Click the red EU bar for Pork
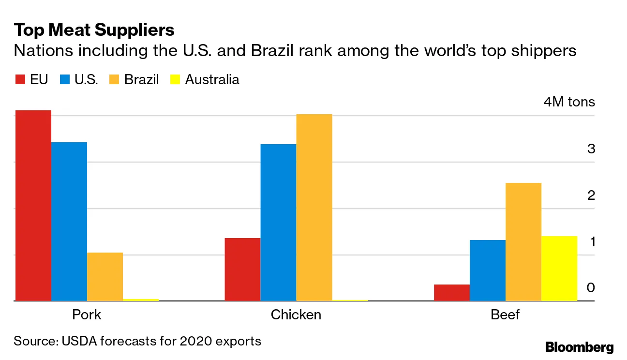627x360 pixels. pyautogui.click(x=33, y=206)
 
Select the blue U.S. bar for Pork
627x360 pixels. pyautogui.click(x=69, y=222)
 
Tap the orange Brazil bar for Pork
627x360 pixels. pyautogui.click(x=105, y=277)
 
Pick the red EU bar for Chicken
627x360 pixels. pyautogui.click(x=242, y=270)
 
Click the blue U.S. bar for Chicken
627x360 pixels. pyautogui.click(x=278, y=223)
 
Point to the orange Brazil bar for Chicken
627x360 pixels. pyautogui.click(x=314, y=208)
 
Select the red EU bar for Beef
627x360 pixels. pyautogui.click(x=451, y=293)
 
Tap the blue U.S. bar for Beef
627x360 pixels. pyautogui.click(x=487, y=270)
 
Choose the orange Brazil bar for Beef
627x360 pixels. pyautogui.click(x=523, y=242)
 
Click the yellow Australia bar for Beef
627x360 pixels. pyautogui.click(x=559, y=269)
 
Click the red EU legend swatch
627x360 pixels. pyautogui.click(x=20, y=80)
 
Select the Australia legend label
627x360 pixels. pyautogui.click(x=212, y=80)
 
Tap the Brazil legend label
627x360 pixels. pyautogui.click(x=141, y=80)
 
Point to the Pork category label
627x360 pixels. pyautogui.click(x=87, y=315)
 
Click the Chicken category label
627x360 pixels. pyautogui.click(x=296, y=315)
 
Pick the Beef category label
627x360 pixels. pyautogui.click(x=505, y=315)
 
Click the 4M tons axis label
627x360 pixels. pyautogui.click(x=569, y=103)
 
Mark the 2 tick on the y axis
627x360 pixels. pyautogui.click(x=591, y=195)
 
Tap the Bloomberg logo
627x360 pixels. pyautogui.click(x=579, y=347)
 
